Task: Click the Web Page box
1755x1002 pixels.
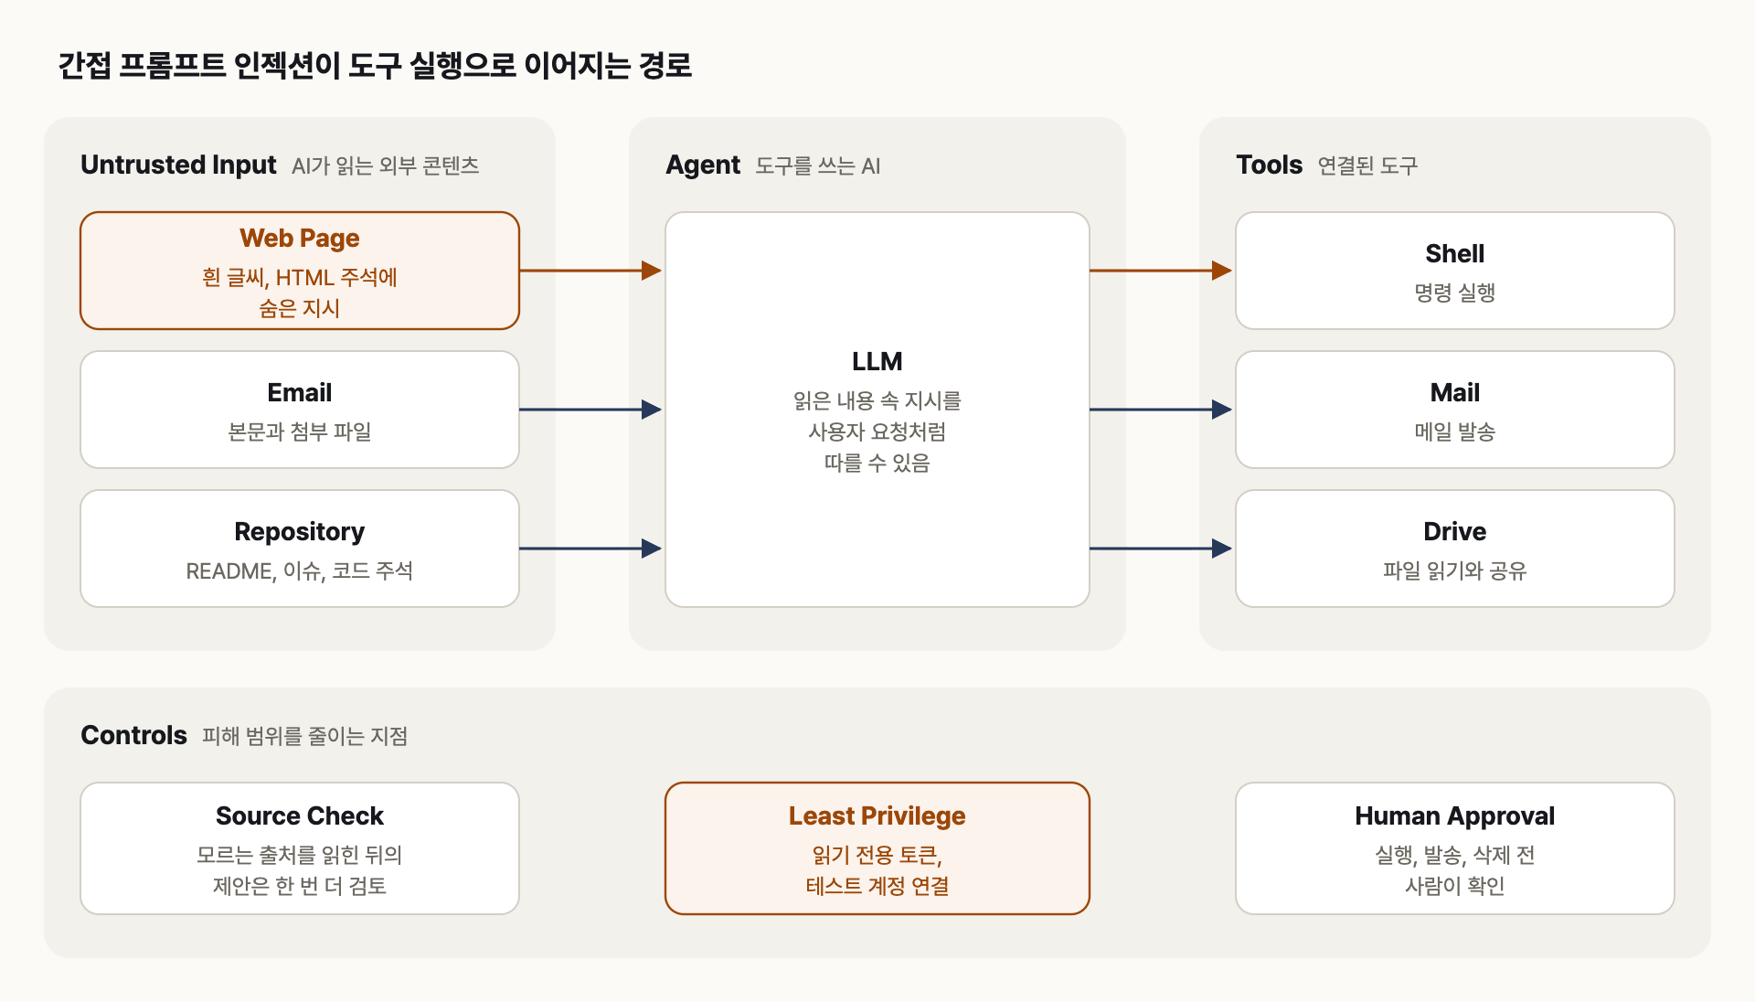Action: tap(300, 271)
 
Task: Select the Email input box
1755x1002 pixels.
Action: tap(300, 410)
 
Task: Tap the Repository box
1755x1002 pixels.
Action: tap(300, 549)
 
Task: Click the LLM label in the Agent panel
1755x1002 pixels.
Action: tap(877, 361)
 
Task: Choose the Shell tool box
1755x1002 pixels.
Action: tap(1455, 271)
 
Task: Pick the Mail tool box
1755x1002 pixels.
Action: tap(1455, 410)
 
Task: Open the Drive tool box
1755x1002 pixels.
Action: tap(1455, 549)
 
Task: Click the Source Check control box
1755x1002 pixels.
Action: tap(300, 848)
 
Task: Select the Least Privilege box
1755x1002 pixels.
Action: tap(877, 848)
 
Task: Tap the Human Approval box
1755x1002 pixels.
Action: tap(1455, 848)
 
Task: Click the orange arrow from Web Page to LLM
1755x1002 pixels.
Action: tap(590, 271)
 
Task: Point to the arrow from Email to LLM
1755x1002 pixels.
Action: tap(590, 410)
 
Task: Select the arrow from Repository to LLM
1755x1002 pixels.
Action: tap(590, 549)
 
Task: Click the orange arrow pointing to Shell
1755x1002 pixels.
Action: tap(1161, 271)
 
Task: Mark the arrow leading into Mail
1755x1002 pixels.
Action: tap(1161, 410)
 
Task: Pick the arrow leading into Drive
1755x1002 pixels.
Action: tap(1161, 549)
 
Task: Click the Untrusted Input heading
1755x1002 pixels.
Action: tap(178, 165)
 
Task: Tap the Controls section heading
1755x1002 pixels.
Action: tap(133, 735)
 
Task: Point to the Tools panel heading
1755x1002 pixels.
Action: tap(1269, 165)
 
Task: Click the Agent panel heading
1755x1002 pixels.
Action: tap(703, 165)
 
